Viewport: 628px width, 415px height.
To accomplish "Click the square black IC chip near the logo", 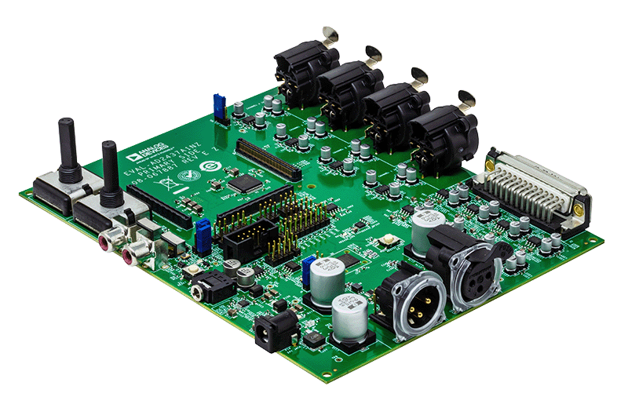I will click(x=247, y=182).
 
